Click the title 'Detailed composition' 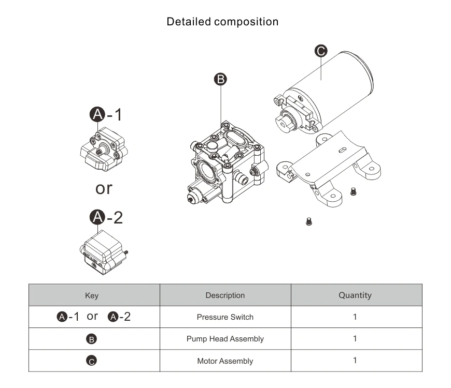[222, 22]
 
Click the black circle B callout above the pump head [221, 79]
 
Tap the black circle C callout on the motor [321, 51]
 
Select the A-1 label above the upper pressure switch [107, 114]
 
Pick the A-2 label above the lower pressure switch [107, 217]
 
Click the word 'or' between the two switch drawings [104, 188]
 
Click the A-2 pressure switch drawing [104, 252]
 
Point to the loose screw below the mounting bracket [309, 222]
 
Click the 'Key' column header [92, 296]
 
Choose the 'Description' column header [225, 295]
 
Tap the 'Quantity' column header [355, 295]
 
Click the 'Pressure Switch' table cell [225, 317]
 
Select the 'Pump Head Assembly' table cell [225, 339]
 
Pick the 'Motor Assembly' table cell [225, 361]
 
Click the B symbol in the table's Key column [91, 339]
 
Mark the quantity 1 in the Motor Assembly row [355, 361]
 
